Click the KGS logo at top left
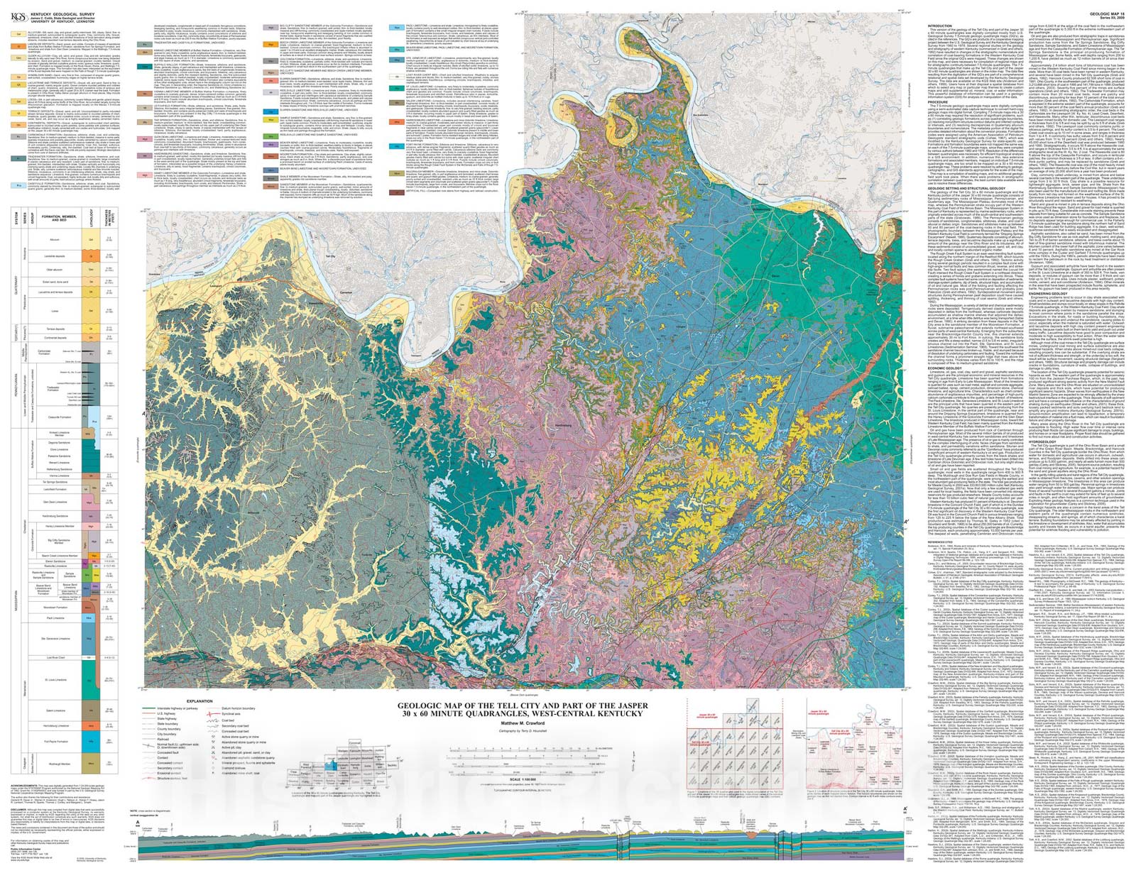17,9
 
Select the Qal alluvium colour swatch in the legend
16,33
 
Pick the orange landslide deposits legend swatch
16,44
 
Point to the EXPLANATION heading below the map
200,701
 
